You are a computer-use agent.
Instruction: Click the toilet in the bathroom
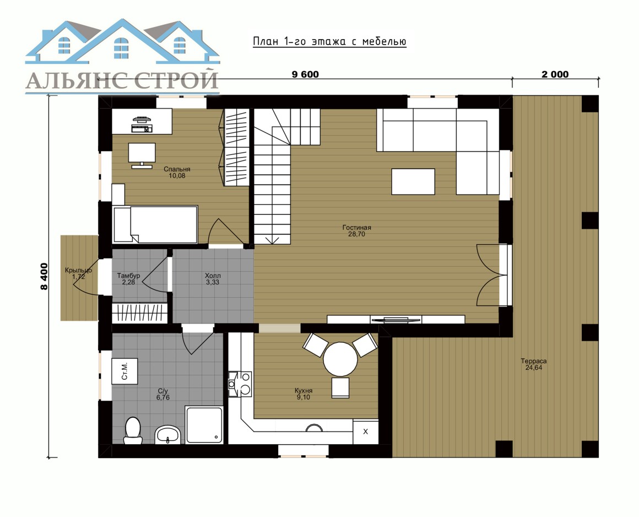133,430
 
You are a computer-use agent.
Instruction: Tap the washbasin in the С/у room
167,435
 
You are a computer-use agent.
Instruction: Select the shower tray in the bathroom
204,424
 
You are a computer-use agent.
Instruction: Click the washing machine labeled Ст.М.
124,371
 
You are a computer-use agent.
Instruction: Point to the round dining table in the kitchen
340,359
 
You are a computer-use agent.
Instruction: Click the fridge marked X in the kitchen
366,432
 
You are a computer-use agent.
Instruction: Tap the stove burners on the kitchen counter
240,384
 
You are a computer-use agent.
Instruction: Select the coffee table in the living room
413,181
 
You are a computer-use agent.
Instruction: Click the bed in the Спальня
155,224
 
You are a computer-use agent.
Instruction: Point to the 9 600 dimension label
305,74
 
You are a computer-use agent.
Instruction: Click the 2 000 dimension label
555,74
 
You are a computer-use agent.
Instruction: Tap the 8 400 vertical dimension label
44,276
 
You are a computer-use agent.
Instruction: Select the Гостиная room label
356,228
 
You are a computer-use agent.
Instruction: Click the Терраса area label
533,361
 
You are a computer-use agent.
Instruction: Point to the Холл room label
213,276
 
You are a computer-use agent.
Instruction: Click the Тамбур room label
128,276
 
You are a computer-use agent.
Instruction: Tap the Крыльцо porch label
78,270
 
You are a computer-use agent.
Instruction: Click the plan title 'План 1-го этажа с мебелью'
329,41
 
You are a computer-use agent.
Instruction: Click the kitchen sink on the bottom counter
315,428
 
